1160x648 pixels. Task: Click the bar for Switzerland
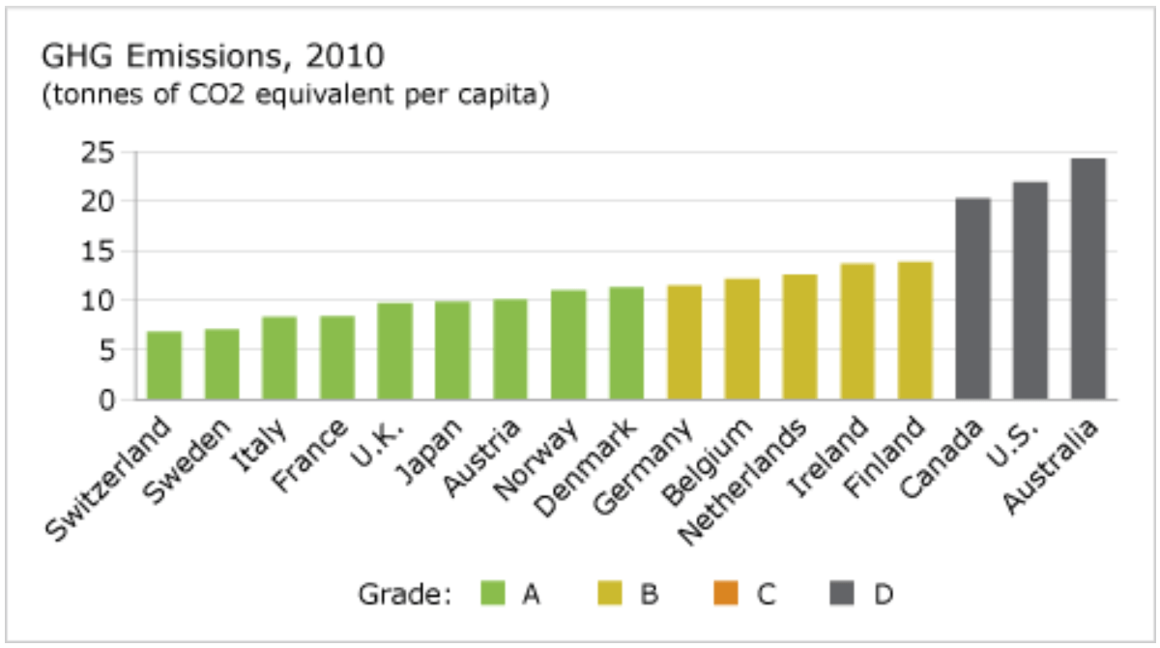(x=164, y=366)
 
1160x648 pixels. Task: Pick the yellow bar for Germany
(x=684, y=342)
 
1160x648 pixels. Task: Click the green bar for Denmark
(x=626, y=343)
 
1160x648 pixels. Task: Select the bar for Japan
(x=452, y=350)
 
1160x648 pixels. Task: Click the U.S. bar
(x=1030, y=290)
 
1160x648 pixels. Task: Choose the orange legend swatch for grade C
(x=726, y=592)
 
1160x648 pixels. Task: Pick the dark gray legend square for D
(x=842, y=592)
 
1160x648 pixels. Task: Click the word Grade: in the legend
(x=405, y=593)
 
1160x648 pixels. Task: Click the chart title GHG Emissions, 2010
(x=212, y=57)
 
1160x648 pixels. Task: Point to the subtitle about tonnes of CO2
(x=295, y=97)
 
